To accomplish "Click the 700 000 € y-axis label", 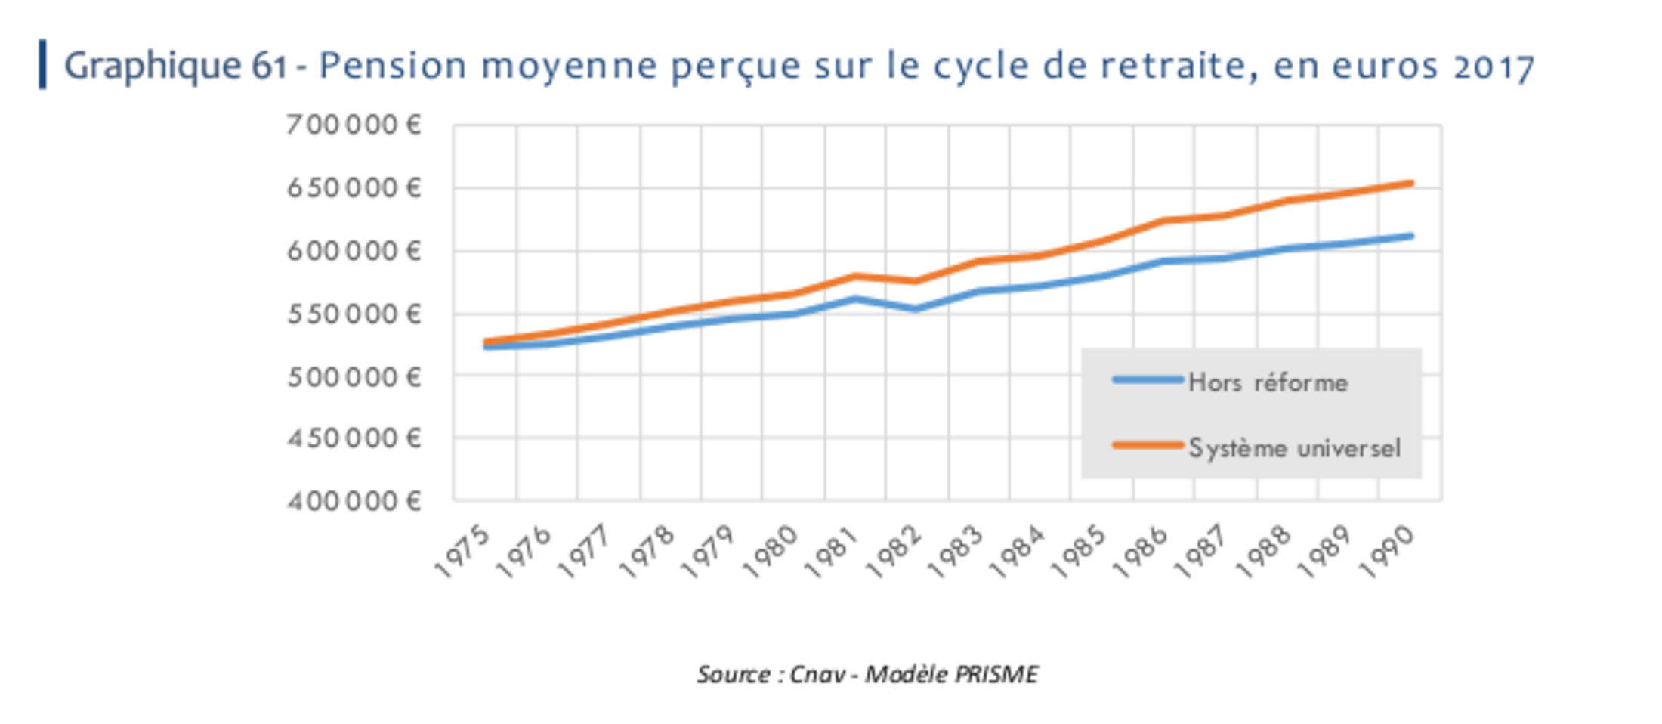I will [354, 125].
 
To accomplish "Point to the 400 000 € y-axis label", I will [354, 501].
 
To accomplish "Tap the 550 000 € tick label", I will [354, 314].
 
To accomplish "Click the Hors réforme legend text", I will [1268, 382].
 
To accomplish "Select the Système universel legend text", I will [1294, 448].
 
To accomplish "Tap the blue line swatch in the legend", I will [1148, 380].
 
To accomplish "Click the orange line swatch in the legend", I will [1148, 446].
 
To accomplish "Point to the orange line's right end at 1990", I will [1410, 183].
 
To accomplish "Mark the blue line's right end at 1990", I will [1410, 236].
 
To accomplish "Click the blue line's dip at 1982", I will [916, 308].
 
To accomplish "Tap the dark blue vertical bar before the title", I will [43, 64].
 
